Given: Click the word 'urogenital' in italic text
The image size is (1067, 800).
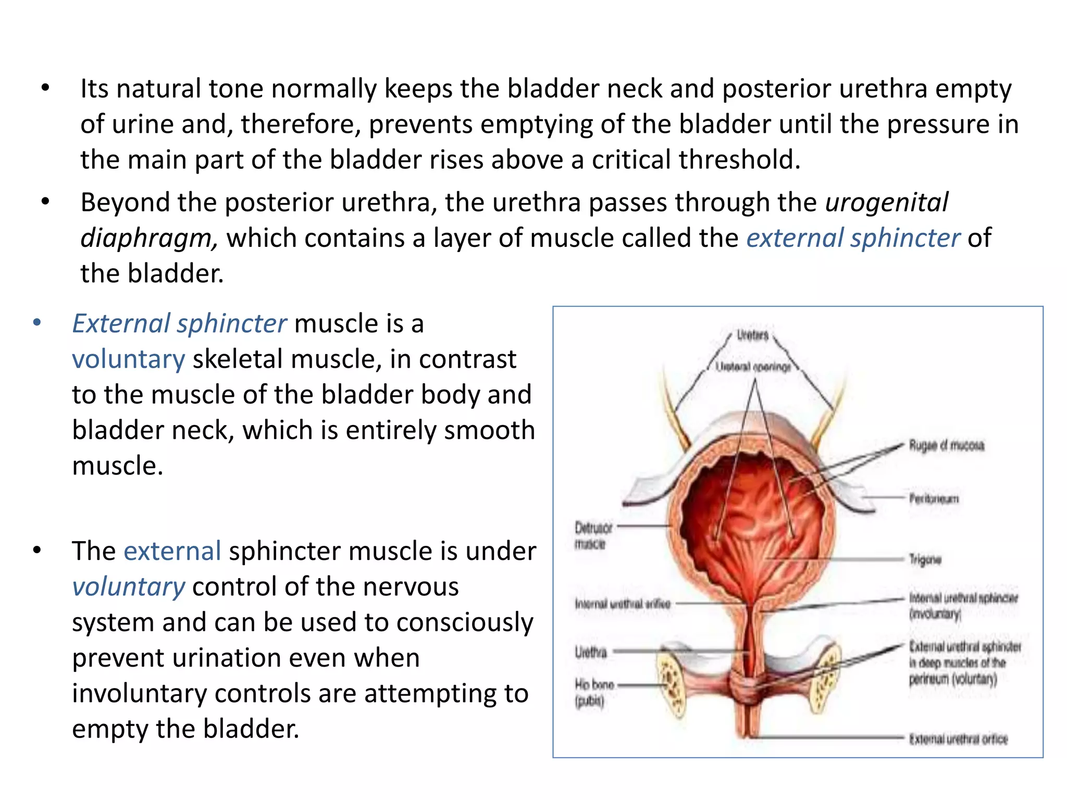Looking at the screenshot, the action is [887, 203].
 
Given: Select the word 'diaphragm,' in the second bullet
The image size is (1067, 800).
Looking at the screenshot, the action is [149, 239].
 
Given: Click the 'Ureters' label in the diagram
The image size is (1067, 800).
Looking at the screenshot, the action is [753, 335].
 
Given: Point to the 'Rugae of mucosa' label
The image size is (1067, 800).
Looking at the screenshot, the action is [947, 445].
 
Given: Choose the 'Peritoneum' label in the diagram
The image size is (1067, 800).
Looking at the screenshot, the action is [934, 498].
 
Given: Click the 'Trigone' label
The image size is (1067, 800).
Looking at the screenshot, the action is [925, 559].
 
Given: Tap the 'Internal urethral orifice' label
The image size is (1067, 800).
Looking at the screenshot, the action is [623, 604].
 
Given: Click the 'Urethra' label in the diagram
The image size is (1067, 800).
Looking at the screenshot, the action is [591, 652].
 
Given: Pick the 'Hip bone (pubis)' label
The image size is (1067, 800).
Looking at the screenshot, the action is [594, 693].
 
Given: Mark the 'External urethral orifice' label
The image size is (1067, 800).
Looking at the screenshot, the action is [958, 739].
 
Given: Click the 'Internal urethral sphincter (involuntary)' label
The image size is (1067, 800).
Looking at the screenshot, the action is [963, 606].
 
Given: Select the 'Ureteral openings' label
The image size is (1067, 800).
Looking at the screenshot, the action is [753, 367].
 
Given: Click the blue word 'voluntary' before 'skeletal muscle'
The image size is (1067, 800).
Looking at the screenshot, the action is [129, 359].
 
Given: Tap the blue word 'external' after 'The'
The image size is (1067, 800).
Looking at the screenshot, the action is [172, 551].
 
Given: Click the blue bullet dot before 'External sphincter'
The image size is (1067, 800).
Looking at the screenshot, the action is [36, 323].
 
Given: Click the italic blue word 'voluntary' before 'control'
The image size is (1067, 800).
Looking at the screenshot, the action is [129, 587].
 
